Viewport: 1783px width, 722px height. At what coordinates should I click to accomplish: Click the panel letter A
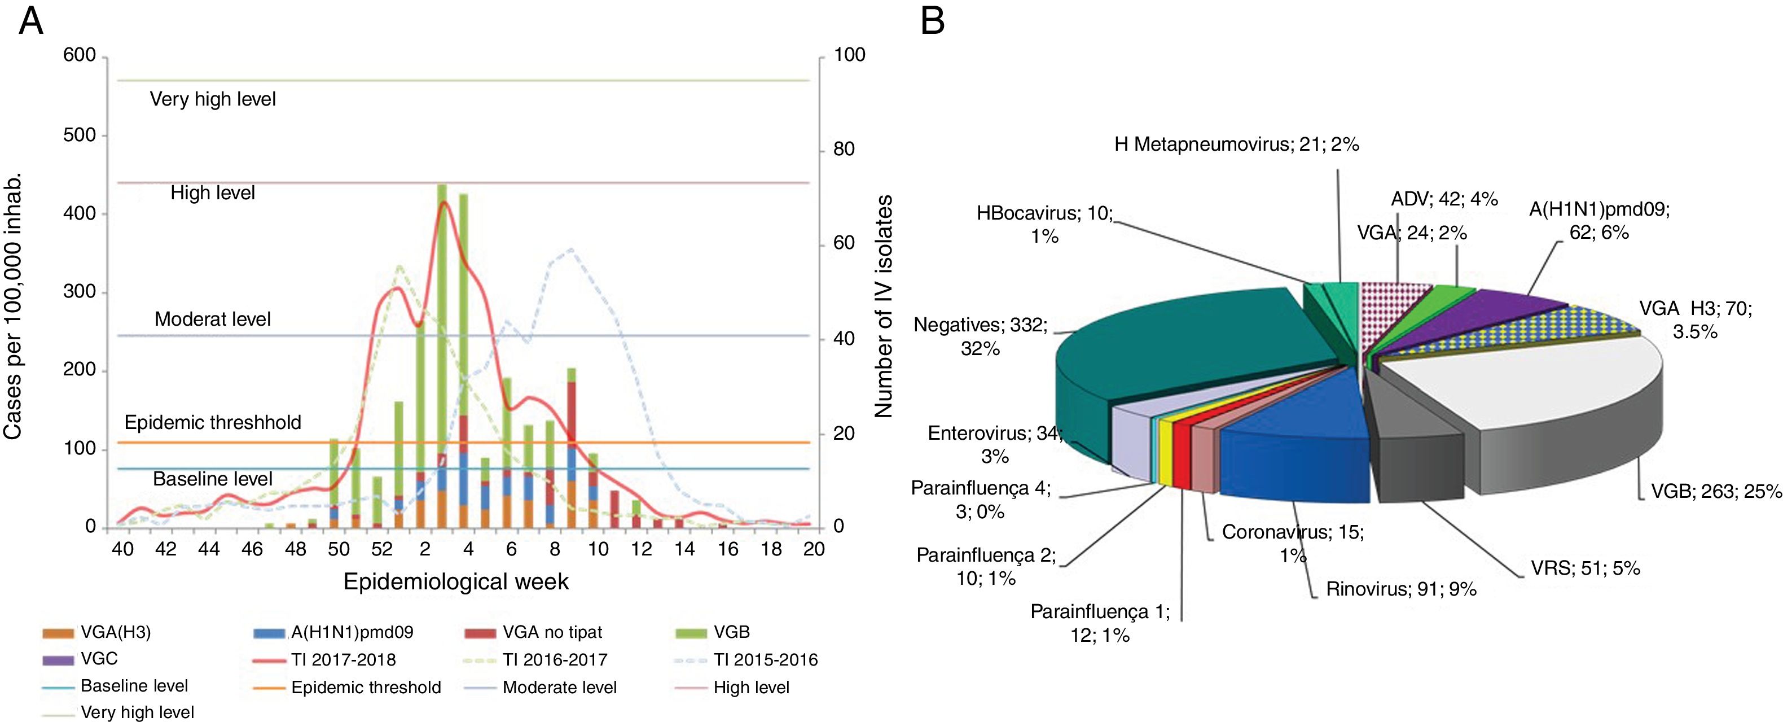tap(31, 22)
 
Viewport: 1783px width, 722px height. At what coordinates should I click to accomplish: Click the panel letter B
tap(932, 22)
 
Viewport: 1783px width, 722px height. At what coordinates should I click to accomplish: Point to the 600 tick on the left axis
tap(80, 55)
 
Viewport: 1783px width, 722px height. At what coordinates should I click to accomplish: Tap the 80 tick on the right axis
tap(844, 150)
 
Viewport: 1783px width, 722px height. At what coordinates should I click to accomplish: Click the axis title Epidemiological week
tap(455, 581)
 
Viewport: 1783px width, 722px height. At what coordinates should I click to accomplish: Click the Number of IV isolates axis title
tap(883, 306)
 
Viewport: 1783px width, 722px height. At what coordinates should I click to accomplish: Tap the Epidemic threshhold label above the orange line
tap(213, 423)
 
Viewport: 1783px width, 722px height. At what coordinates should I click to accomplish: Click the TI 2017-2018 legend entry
tap(343, 660)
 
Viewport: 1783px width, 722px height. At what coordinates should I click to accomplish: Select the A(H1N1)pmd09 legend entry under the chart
tap(352, 632)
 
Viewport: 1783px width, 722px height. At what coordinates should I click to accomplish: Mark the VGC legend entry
tap(99, 659)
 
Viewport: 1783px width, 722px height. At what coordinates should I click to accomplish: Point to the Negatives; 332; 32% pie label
tap(980, 336)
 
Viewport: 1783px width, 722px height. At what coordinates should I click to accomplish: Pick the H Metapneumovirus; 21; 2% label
tap(1236, 145)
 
